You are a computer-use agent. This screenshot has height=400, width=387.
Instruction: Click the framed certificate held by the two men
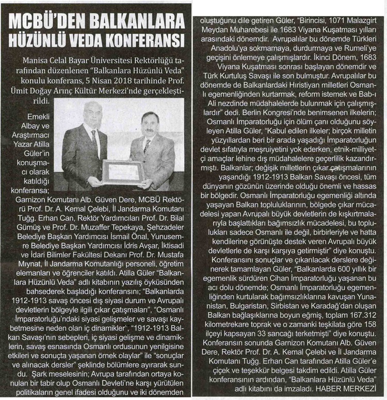point(124,172)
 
